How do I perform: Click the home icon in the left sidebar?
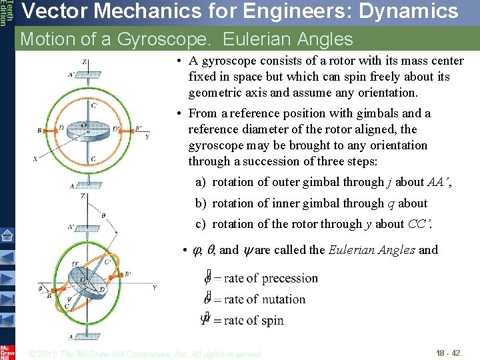(7, 235)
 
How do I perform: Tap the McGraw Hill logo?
(7, 352)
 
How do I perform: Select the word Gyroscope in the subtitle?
(163, 39)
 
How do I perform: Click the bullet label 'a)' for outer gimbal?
(200, 182)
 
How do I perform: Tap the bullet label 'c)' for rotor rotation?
(200, 224)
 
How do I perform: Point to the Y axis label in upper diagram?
(146, 136)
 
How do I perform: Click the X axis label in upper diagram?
(35, 159)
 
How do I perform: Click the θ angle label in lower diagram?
(103, 215)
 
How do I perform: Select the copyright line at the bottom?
(147, 354)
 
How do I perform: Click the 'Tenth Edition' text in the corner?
(5, 13)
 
